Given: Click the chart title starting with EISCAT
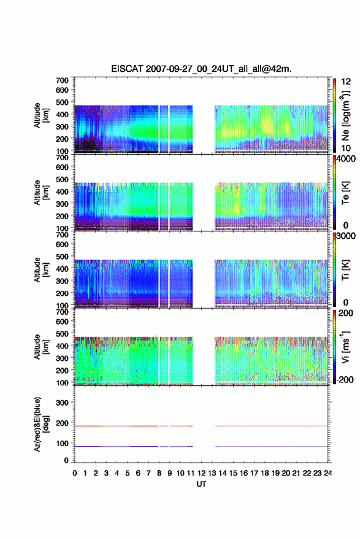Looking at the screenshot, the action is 201,69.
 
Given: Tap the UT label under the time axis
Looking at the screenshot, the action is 201,484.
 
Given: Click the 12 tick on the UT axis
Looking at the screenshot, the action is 201,473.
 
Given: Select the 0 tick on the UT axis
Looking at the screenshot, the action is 75,473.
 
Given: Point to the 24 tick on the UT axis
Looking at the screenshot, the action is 327,473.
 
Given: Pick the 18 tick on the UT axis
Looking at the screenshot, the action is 265,473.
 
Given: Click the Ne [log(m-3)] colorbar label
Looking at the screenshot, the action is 345,116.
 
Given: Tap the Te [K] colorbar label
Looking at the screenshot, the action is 345,193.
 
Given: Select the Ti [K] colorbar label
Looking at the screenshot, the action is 345,270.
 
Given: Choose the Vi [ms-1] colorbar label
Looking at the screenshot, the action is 345,347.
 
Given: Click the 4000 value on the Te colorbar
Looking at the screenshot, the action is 346,160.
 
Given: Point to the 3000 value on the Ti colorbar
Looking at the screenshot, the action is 346,236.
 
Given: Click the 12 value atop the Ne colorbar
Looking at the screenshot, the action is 346,82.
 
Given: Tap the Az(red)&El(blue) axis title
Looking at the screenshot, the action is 41,424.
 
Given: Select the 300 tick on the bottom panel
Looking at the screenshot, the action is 62,403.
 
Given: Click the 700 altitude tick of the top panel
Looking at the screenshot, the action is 62,80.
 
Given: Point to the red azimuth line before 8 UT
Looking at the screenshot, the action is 117,426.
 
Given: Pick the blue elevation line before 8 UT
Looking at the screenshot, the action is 117,446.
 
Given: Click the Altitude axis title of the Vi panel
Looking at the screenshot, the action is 41,347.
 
